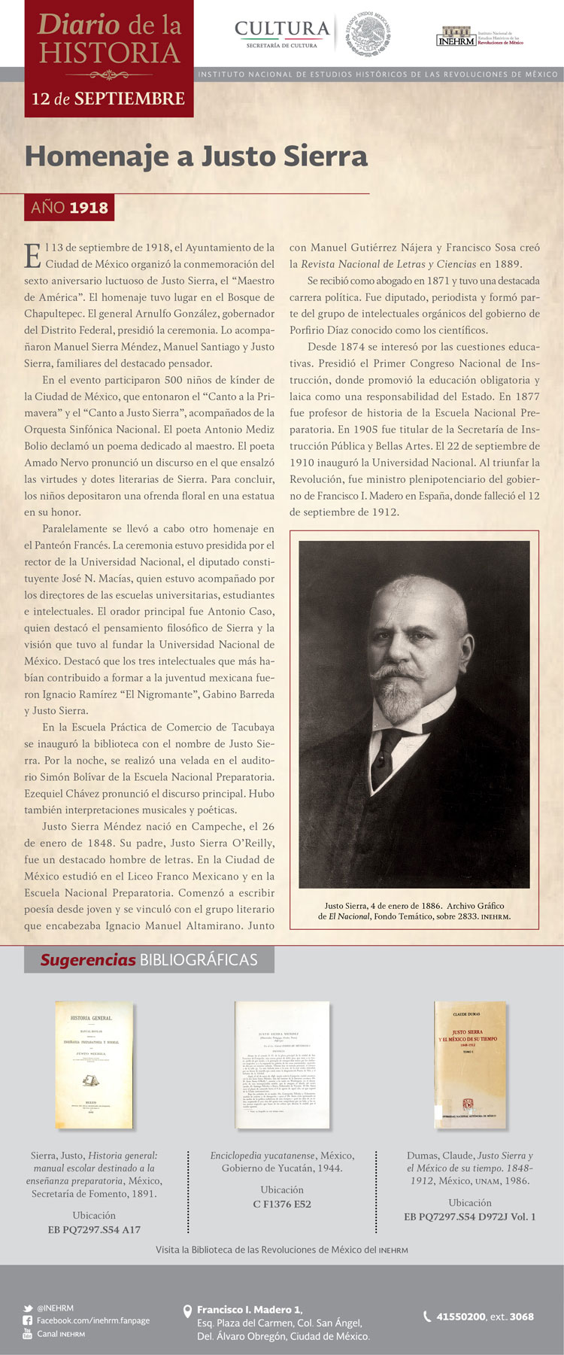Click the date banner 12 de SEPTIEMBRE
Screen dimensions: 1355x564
pyautogui.click(x=108, y=99)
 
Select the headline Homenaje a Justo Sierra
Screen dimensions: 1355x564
pyautogui.click(x=196, y=156)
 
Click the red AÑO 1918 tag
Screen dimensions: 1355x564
pyautogui.click(x=69, y=207)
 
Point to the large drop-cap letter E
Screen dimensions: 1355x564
pyautogui.click(x=33, y=255)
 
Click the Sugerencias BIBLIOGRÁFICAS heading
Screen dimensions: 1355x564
pyautogui.click(x=149, y=960)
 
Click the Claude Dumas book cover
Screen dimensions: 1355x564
pyautogui.click(x=470, y=1064)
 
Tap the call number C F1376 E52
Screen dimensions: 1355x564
pyautogui.click(x=282, y=1204)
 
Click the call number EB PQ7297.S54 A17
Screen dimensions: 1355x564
pyautogui.click(x=94, y=1229)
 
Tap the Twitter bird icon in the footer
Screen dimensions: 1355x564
pyautogui.click(x=28, y=1308)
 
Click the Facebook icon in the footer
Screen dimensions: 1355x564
pyautogui.click(x=28, y=1320)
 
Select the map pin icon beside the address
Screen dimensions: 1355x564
pyautogui.click(x=188, y=1312)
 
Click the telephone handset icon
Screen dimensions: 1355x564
pyautogui.click(x=428, y=1316)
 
